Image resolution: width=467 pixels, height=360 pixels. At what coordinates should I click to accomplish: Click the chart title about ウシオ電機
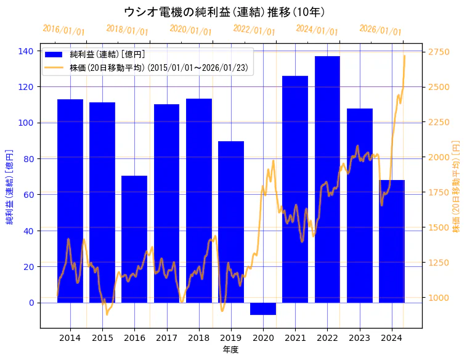point(224,12)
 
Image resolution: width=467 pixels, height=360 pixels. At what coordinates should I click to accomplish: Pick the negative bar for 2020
point(263,309)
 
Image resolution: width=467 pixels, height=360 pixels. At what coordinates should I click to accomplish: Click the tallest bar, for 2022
point(327,179)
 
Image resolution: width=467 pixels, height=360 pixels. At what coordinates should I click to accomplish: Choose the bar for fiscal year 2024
point(392,241)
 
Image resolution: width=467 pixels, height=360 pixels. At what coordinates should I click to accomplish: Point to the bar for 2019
point(231,222)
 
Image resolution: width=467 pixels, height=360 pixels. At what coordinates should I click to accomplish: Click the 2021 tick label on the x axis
point(295,338)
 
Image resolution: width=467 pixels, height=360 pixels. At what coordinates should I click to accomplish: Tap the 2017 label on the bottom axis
point(166,338)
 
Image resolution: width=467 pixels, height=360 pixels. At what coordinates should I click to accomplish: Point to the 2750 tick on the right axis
point(438,52)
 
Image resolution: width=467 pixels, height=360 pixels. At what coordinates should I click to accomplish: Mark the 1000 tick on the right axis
point(438,298)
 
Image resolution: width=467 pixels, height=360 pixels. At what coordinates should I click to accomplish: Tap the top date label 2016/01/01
point(63,30)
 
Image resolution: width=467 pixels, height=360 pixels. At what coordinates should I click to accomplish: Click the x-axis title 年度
point(230,350)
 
